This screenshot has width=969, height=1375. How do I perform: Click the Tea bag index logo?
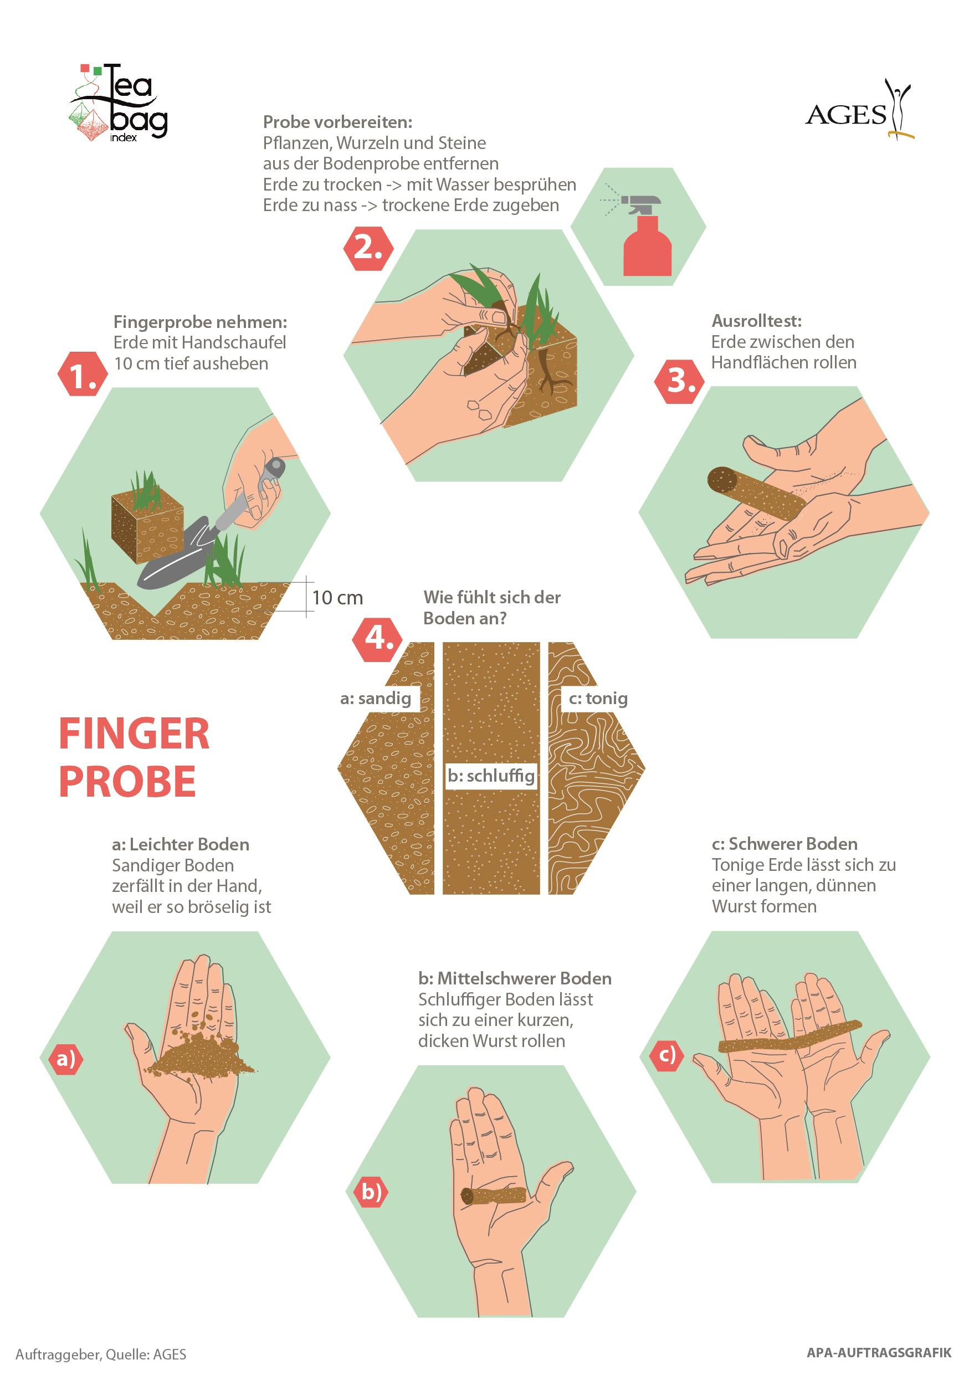(118, 102)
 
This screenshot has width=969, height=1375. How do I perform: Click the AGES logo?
(860, 110)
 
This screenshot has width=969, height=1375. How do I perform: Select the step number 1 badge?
(83, 374)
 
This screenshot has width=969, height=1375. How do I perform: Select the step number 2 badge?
(368, 248)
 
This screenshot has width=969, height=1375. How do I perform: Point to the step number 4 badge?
(378, 639)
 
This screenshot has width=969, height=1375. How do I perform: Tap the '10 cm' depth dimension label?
(337, 597)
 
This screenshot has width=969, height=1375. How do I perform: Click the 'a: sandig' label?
(376, 698)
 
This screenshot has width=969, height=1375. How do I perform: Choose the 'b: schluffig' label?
(491, 776)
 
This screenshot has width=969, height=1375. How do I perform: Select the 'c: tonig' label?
(598, 698)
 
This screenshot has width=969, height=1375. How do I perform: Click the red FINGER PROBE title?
(134, 757)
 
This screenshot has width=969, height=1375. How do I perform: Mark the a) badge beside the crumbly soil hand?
(66, 1059)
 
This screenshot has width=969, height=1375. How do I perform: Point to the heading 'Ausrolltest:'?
(756, 321)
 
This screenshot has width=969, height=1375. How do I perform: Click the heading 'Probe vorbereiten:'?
(338, 122)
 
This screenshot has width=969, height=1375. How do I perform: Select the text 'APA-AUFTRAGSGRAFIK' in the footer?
(879, 1353)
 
